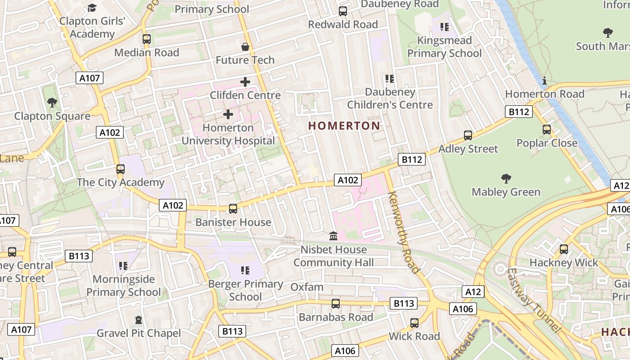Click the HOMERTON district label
click(344, 126)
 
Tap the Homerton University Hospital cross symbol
click(228, 114)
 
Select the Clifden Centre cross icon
click(245, 82)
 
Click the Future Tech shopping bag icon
click(245, 47)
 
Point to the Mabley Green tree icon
click(506, 179)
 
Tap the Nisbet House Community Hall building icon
click(333, 236)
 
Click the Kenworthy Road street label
click(403, 232)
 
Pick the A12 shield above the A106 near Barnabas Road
click(473, 292)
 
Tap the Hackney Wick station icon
click(563, 249)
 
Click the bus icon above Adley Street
click(468, 135)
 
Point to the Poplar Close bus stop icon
click(547, 130)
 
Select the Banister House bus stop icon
click(233, 209)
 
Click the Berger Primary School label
click(245, 290)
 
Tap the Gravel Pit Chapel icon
click(139, 320)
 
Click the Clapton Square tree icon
click(52, 103)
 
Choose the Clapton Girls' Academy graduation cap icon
click(92, 8)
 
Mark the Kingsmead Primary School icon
click(445, 27)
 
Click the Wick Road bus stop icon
click(414, 323)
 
